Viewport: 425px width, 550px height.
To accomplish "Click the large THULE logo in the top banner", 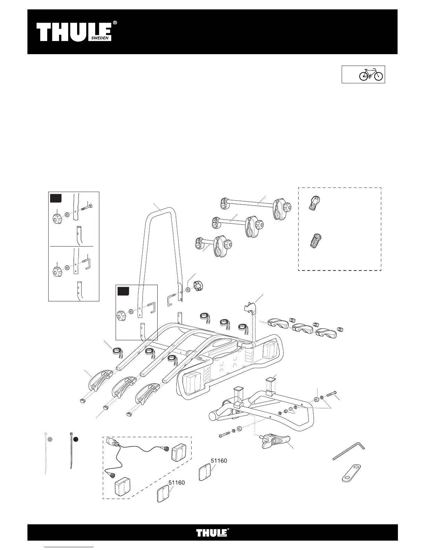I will pos(74,32).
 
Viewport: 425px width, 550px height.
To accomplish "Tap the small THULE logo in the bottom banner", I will pos(212,532).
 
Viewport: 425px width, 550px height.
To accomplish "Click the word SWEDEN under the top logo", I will pos(100,39).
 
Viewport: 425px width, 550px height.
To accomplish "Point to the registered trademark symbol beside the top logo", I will pos(115,23).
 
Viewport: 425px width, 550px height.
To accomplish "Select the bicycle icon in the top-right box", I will pos(371,74).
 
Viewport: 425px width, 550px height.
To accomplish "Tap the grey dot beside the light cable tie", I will pos(50,439).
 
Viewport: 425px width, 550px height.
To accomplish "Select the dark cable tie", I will pos(71,451).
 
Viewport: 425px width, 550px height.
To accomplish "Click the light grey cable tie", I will pos(45,455).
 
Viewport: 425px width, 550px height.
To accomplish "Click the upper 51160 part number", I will pos(219,460).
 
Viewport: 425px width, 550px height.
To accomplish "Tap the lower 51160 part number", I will pos(176,482).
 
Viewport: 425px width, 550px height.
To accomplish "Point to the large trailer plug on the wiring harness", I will pos(114,443).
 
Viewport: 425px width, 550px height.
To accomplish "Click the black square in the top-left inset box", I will pos(56,198).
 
